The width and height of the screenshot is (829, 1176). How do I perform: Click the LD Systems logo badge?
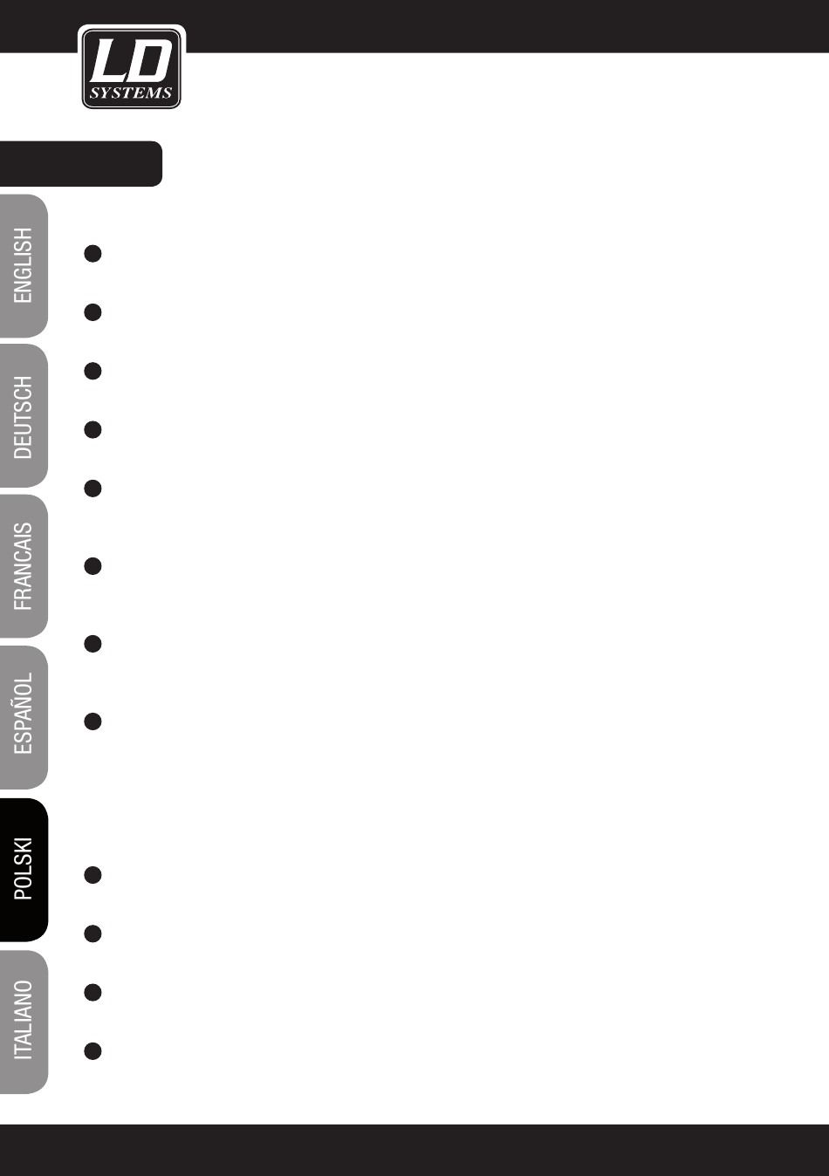click(x=131, y=68)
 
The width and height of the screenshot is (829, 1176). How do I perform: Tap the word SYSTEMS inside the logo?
click(x=131, y=93)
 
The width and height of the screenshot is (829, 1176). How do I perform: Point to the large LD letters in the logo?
click(x=130, y=63)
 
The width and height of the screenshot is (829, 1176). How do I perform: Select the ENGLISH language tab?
click(x=24, y=266)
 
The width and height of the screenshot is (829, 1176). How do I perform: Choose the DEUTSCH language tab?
click(x=24, y=417)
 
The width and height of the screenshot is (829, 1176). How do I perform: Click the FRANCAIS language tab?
click(x=24, y=567)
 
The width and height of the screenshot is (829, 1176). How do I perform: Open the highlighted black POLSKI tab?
click(x=24, y=869)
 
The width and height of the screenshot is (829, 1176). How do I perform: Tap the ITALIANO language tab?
click(x=24, y=1021)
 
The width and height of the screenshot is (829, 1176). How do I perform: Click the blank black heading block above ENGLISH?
click(x=80, y=163)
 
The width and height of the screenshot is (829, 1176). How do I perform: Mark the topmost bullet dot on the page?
click(x=93, y=254)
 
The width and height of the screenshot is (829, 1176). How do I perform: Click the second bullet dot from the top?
click(x=93, y=312)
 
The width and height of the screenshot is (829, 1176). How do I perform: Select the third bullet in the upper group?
click(x=93, y=371)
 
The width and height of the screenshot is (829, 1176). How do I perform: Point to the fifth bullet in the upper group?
click(x=93, y=489)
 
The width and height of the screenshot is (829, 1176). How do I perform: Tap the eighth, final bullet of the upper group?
click(x=93, y=721)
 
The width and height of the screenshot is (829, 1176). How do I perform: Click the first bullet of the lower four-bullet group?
click(x=93, y=875)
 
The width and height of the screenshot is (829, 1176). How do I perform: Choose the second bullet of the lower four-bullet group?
click(x=93, y=933)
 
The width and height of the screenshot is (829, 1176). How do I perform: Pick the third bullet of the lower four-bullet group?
click(x=93, y=992)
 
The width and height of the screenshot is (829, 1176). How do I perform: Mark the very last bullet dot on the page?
click(x=93, y=1051)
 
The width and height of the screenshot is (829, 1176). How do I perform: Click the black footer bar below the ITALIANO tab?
click(x=414, y=1150)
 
